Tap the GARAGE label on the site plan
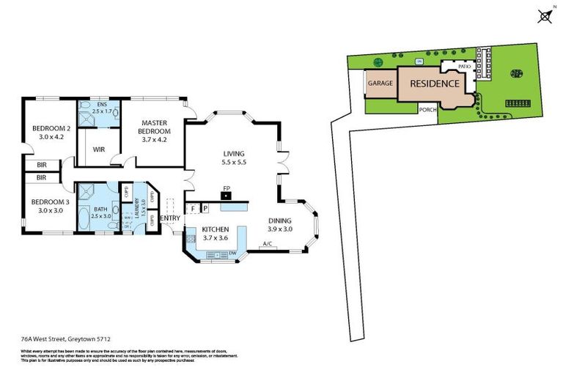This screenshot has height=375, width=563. (380, 83)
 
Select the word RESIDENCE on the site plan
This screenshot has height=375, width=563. (434, 83)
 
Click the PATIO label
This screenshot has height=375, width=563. (463, 67)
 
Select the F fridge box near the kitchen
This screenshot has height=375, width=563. (193, 209)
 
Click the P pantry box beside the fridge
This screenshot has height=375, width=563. (205, 209)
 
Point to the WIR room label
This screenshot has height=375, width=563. (98, 149)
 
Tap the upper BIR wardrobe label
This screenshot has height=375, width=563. (41, 165)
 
